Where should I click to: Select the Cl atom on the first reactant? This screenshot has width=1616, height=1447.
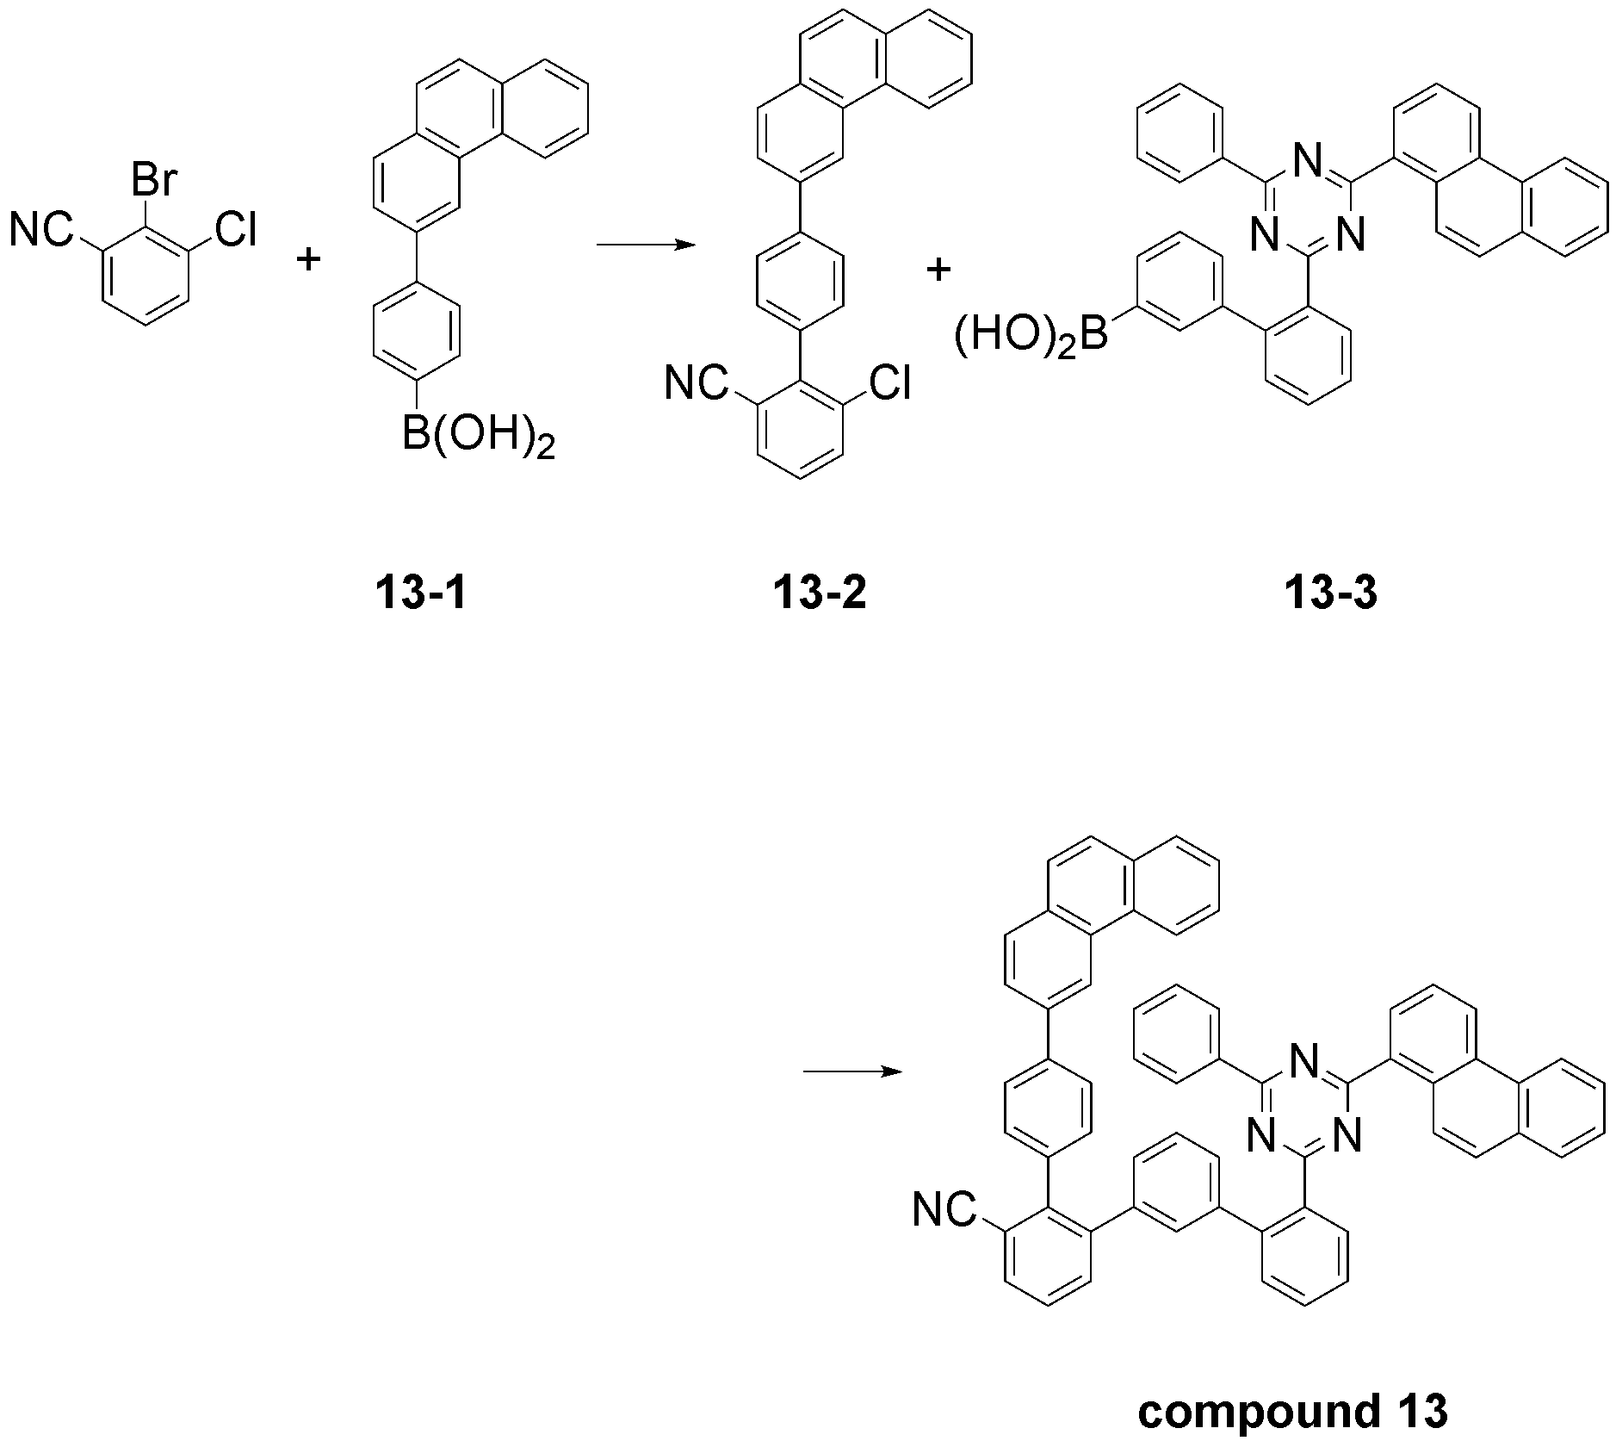tap(235, 230)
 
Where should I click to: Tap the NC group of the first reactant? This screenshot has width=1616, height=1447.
tap(40, 230)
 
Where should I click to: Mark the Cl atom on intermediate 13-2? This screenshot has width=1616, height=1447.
tap(889, 382)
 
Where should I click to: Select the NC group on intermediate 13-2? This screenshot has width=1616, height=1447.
tap(695, 382)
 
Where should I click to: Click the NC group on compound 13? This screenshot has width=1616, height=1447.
tap(944, 1210)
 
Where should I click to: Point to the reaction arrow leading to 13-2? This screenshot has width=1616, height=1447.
tap(647, 245)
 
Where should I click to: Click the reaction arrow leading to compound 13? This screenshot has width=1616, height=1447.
tap(852, 1072)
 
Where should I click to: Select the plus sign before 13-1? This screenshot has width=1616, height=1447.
tap(308, 259)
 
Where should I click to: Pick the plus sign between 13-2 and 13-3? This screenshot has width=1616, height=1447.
tap(938, 270)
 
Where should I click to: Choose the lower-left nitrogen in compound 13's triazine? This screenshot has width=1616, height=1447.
tap(1263, 1140)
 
